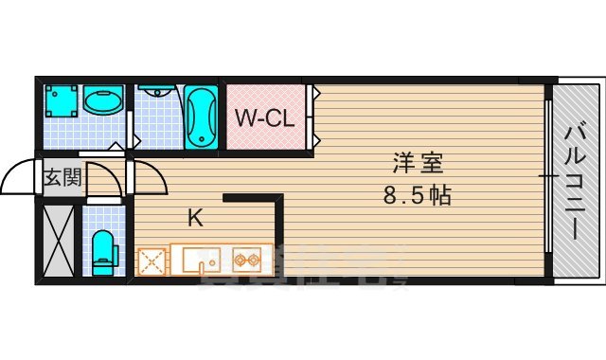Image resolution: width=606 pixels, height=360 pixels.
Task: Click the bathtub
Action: pyautogui.click(x=200, y=117)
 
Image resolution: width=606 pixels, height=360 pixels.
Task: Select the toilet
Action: pyautogui.click(x=103, y=251)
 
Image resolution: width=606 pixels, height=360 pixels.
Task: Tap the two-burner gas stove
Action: pyautogui.click(x=249, y=259)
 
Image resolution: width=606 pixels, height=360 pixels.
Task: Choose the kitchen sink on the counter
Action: pyautogui.click(x=201, y=259)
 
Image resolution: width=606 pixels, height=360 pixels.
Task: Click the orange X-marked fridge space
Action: pyautogui.click(x=151, y=261)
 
